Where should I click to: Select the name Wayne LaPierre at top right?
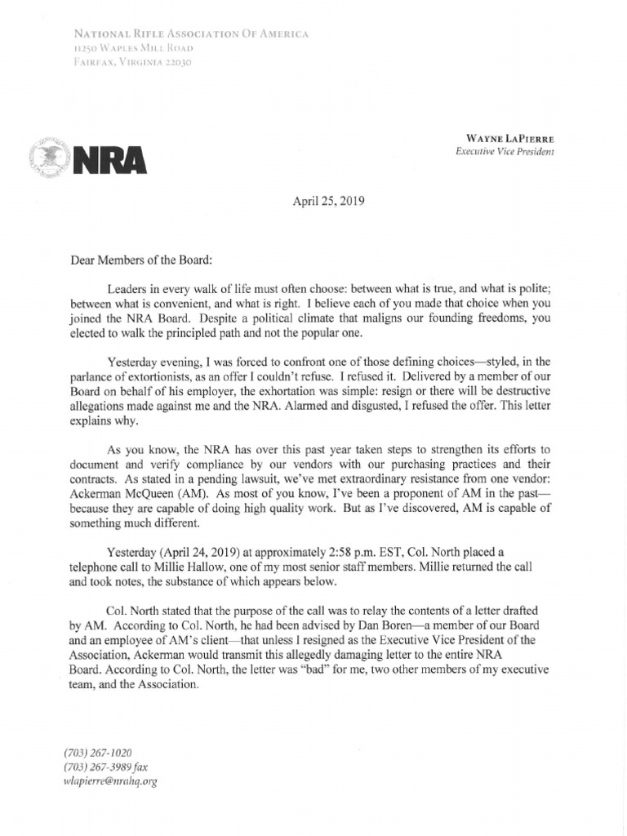[512, 139]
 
